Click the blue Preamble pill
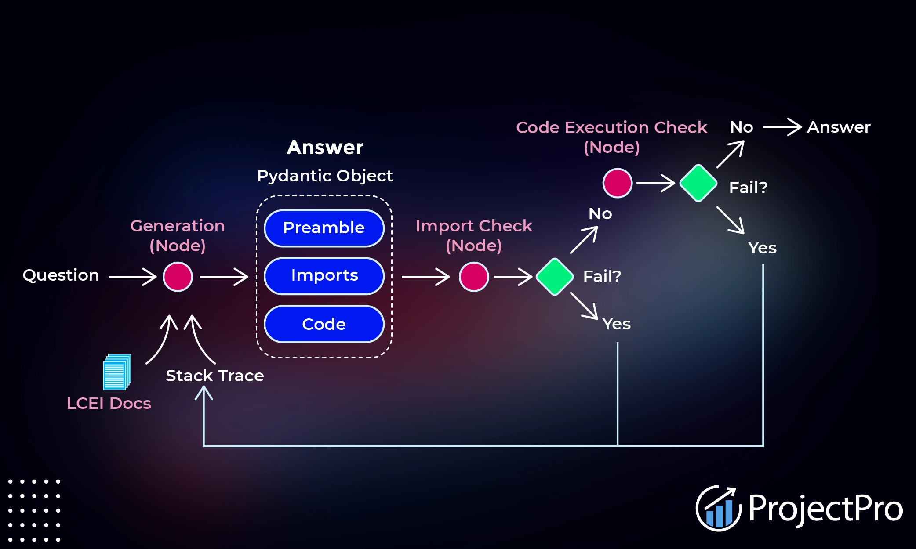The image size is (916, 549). (324, 228)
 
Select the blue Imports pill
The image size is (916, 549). (324, 276)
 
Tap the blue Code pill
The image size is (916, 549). (324, 324)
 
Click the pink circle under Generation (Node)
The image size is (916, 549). (178, 277)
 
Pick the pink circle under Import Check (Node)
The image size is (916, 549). (474, 277)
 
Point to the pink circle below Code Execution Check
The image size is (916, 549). (617, 183)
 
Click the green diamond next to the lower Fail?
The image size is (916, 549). (555, 277)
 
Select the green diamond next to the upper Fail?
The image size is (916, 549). (698, 183)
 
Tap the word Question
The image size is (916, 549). (61, 275)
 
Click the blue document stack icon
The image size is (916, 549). (117, 372)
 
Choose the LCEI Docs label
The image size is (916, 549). (109, 403)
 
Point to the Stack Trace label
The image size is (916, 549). (214, 376)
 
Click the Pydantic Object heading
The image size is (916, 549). (324, 176)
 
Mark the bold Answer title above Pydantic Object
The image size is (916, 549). (325, 148)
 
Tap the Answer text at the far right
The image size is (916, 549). (839, 127)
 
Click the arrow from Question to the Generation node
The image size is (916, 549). (132, 277)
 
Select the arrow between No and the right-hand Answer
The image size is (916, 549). (782, 127)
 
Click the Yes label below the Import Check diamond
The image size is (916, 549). (616, 324)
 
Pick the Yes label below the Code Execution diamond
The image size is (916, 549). (762, 248)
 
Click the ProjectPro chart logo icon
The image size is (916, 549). (718, 508)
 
